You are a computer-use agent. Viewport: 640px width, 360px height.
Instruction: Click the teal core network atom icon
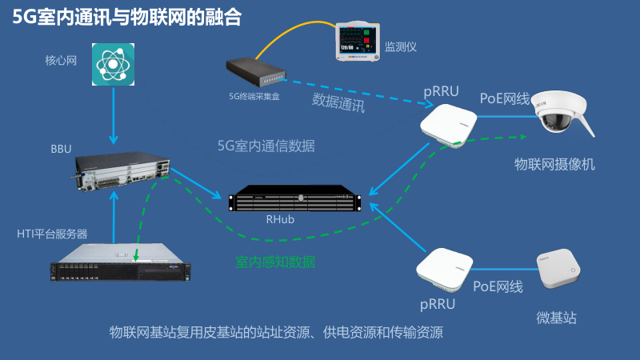pyautogui.click(x=112, y=66)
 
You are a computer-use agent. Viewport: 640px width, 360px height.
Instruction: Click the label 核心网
pyautogui.click(x=61, y=60)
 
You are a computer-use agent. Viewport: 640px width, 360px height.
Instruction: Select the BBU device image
pyautogui.click(x=124, y=170)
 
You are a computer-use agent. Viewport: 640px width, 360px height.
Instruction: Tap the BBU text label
pyautogui.click(x=61, y=149)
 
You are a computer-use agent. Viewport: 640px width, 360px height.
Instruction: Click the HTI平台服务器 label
pyautogui.click(x=52, y=234)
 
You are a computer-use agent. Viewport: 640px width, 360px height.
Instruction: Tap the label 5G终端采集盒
pyautogui.click(x=254, y=96)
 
